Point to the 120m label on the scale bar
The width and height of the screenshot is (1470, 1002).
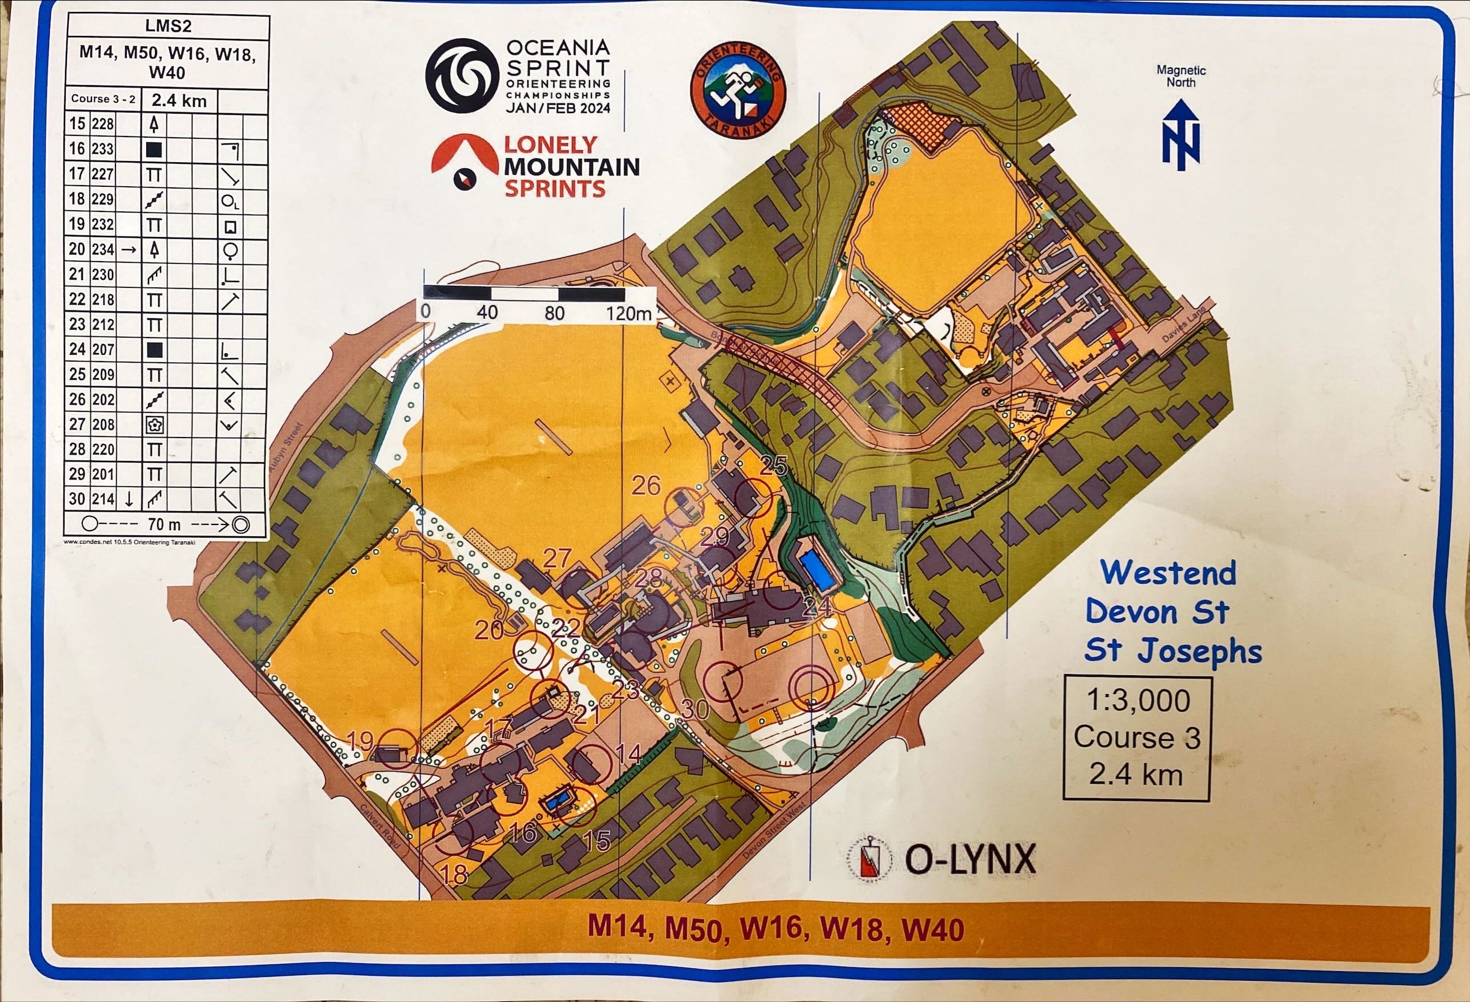628,312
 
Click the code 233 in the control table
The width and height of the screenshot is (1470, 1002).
102,149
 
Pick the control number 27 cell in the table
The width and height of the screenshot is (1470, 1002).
77,424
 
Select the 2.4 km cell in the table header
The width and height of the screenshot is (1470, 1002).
179,101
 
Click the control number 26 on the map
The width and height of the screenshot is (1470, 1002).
646,486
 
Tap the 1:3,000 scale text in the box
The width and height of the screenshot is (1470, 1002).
1138,700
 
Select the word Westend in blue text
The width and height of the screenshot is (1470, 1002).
1168,573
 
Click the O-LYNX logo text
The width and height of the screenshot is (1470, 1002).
970,860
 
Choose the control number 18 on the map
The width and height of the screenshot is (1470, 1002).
454,875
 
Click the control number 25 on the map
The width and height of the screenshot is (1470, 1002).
773,467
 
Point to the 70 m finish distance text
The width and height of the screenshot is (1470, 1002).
165,524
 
